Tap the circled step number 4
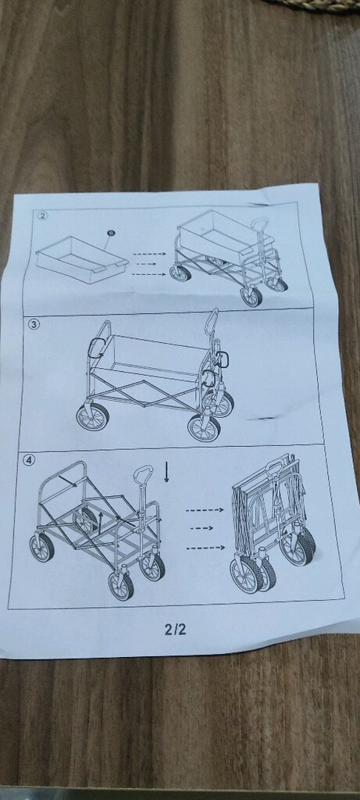[x=30, y=459]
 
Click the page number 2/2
[x=176, y=629]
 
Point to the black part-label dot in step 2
[x=111, y=233]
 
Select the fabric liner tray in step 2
[x=81, y=260]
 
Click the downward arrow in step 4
[x=166, y=471]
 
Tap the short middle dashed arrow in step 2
[x=146, y=264]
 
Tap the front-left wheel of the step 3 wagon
[x=92, y=416]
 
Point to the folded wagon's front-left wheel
[x=246, y=573]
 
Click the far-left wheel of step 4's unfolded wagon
[x=41, y=548]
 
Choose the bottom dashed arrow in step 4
[x=205, y=548]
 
